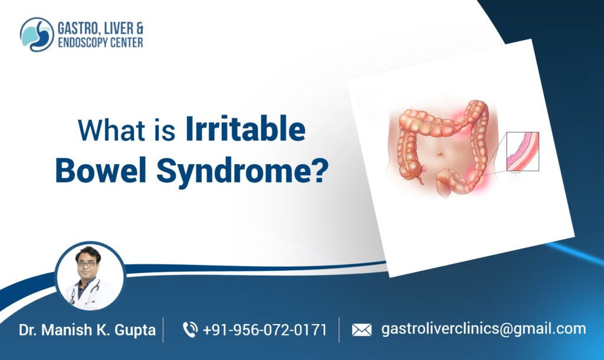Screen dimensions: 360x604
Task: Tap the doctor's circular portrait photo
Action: (90, 276)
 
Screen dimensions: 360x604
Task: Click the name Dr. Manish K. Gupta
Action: (87, 330)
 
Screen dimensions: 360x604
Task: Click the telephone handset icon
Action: (190, 329)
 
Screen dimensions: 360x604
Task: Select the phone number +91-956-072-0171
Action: (264, 330)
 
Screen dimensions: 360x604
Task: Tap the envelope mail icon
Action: (361, 330)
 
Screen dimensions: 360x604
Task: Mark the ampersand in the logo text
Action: (139, 28)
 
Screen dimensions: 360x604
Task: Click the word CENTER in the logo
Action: (125, 42)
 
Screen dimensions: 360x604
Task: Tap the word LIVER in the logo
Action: (117, 28)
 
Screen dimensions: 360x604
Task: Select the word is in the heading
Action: (165, 130)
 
